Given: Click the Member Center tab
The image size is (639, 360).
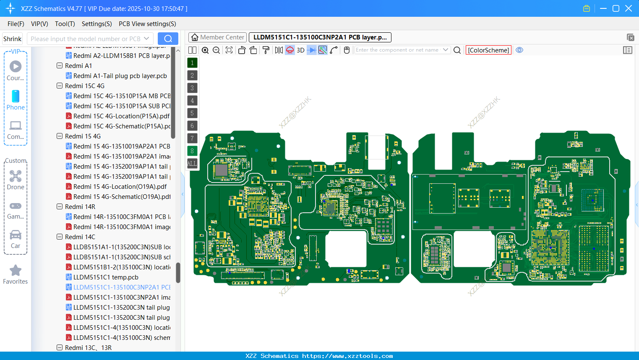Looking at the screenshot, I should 217,37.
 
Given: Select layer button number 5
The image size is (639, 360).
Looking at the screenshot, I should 192,113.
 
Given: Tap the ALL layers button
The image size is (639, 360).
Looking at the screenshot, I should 192,164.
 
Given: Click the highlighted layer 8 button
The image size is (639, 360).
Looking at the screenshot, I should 192,151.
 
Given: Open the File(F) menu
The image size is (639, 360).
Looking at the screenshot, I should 16,24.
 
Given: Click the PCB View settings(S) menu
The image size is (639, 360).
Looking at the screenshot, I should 147,24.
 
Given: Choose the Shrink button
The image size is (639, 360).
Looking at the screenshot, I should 12,39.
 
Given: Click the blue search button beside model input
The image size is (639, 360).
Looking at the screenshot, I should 168,39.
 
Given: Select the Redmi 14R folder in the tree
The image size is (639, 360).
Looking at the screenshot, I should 80,207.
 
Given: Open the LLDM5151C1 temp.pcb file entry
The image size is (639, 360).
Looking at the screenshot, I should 106,277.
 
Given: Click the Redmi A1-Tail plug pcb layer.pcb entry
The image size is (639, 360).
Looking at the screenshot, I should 120,76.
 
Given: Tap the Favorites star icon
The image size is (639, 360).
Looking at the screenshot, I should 16,271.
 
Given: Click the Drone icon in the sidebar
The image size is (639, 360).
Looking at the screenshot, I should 16,177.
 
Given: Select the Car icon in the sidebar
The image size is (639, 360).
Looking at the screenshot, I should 16,235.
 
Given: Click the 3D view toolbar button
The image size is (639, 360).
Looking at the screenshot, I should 300,50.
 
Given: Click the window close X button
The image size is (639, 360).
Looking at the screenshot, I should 629,8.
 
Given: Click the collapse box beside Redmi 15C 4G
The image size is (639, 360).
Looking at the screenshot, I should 60,86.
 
